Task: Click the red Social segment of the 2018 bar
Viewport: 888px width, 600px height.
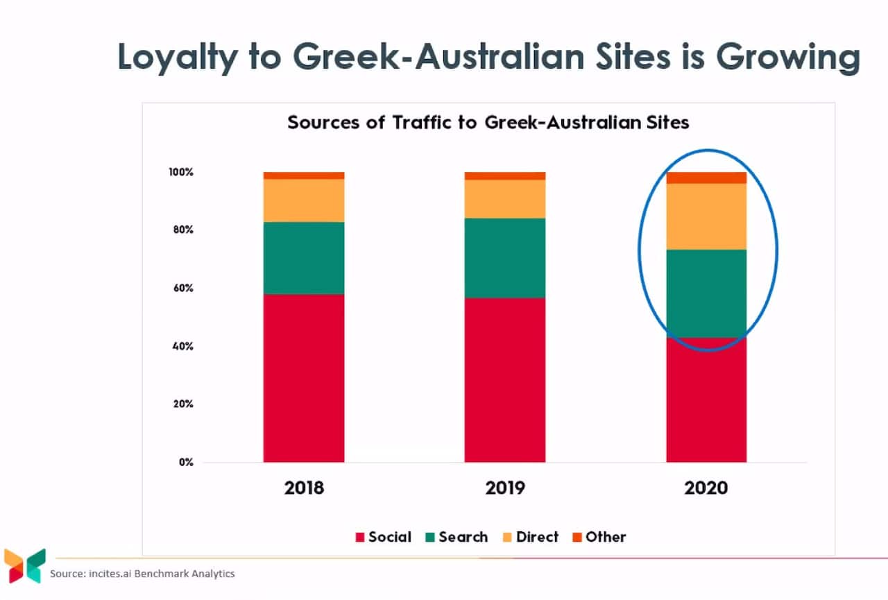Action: tap(304, 378)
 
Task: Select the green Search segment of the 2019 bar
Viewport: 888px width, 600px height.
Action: tap(504, 258)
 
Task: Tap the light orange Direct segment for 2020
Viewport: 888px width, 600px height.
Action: tap(706, 216)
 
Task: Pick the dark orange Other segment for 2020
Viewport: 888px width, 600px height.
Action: tap(706, 178)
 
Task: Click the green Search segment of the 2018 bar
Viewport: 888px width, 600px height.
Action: tap(304, 258)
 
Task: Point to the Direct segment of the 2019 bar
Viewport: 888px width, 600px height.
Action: tap(504, 199)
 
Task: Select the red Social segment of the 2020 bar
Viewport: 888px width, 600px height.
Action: tap(706, 400)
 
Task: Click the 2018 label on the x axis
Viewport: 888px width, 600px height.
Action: tap(304, 488)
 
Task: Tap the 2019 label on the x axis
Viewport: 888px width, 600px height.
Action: tap(504, 488)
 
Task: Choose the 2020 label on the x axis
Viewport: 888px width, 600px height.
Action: tap(706, 488)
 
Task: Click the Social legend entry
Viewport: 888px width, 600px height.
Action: tap(383, 537)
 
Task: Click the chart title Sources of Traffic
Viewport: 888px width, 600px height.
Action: tap(488, 123)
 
